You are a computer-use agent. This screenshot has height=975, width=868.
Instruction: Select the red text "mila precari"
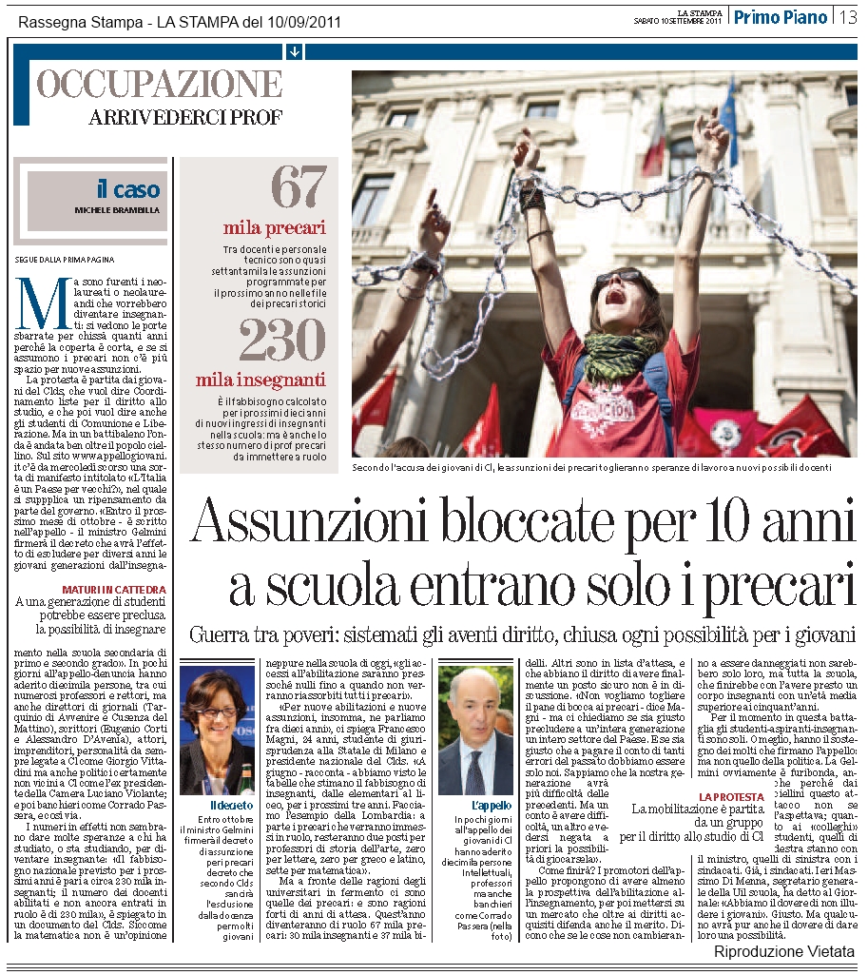point(275,228)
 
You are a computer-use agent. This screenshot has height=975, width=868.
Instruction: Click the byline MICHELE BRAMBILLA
point(118,209)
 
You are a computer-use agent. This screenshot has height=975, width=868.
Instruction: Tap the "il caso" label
point(128,189)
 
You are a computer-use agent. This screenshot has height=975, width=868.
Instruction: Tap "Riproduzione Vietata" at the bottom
point(784,952)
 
